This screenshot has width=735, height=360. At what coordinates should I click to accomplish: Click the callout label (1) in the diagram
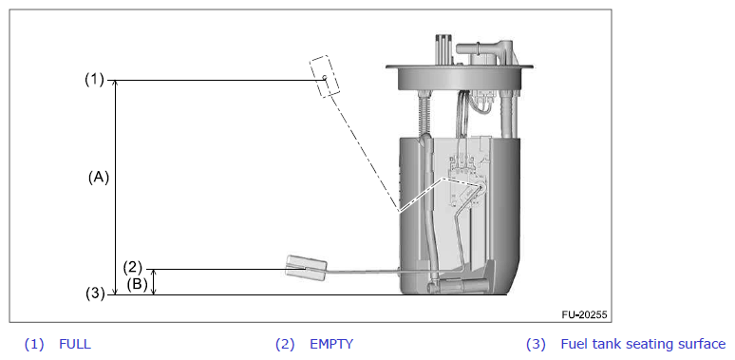(x=94, y=80)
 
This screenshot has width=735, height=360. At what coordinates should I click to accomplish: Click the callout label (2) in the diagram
(x=132, y=267)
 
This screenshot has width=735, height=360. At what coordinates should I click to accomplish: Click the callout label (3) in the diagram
(x=95, y=294)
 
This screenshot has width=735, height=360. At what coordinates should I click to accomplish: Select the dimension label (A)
(x=99, y=178)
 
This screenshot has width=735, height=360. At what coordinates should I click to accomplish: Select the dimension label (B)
(x=138, y=284)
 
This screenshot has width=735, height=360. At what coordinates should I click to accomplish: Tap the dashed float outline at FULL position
(x=325, y=76)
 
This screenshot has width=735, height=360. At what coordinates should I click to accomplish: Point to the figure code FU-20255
(x=584, y=314)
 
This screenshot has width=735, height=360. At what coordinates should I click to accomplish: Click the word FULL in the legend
(x=75, y=345)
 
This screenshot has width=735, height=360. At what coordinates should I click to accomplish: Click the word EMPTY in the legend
(x=331, y=345)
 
